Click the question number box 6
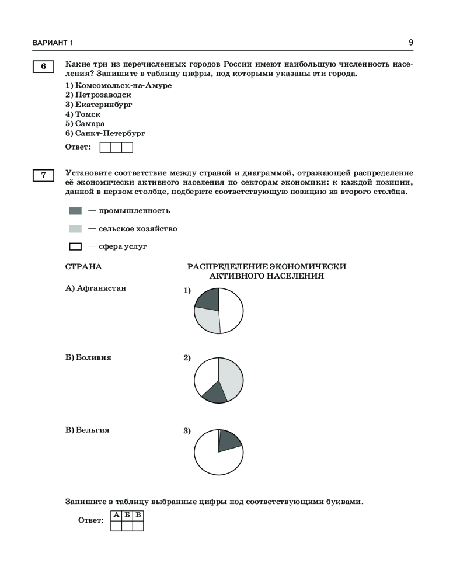(x=43, y=67)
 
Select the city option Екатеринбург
(x=99, y=105)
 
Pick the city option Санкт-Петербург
(x=105, y=134)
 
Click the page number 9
(x=411, y=43)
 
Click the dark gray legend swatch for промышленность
(x=75, y=211)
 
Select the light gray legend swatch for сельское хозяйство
(x=75, y=229)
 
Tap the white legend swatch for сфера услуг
(x=75, y=246)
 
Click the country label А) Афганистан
(x=96, y=288)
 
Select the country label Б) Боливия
(x=88, y=357)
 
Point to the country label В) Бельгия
(x=88, y=430)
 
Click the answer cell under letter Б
(x=127, y=526)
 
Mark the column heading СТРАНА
(x=83, y=266)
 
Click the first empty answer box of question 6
(x=106, y=148)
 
